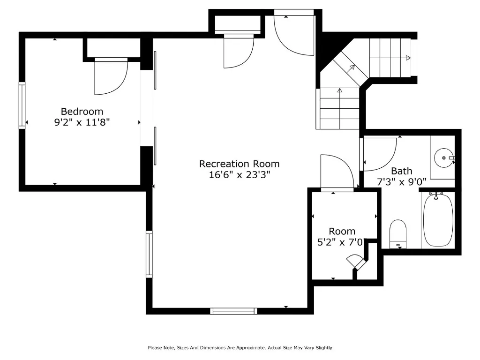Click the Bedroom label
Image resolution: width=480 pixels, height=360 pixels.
point(82,112)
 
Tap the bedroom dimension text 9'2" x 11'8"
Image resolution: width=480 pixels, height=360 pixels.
point(82,122)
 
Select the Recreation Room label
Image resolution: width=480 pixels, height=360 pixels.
point(239,164)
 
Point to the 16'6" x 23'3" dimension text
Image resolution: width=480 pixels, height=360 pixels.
point(239,175)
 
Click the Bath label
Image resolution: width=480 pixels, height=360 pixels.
point(402,171)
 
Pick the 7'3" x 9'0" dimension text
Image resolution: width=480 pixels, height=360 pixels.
point(402,181)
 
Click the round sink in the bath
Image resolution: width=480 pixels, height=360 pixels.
point(443,158)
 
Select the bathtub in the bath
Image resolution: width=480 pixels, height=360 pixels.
point(438,220)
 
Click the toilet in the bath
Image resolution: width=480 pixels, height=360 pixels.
point(398,233)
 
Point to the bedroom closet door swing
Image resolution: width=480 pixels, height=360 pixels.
point(111,76)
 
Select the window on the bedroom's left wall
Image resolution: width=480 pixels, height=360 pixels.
point(22,105)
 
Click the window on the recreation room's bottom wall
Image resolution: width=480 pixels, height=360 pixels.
point(233,311)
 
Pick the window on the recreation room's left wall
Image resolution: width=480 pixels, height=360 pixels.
point(149,254)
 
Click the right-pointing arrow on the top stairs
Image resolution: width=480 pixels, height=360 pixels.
point(408,58)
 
